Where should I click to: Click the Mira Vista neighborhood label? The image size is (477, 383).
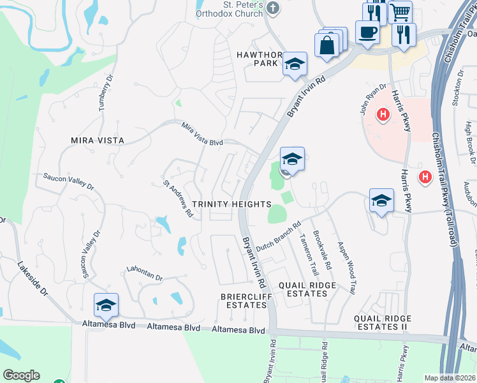coord(98,139)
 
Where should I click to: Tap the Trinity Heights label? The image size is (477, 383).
coord(232,204)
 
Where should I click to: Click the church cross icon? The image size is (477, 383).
coord(273,8)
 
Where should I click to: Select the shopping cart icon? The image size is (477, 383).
coord(400,11)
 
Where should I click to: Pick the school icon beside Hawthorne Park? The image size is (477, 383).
coord(295,63)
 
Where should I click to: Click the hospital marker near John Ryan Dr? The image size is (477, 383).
coord(383,115)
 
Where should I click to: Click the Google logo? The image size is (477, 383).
coord(21,375)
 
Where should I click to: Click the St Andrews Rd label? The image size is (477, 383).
coord(178,200)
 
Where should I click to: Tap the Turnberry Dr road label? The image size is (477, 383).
coord(106,93)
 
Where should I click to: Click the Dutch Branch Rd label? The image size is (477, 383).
coord(278,236)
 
